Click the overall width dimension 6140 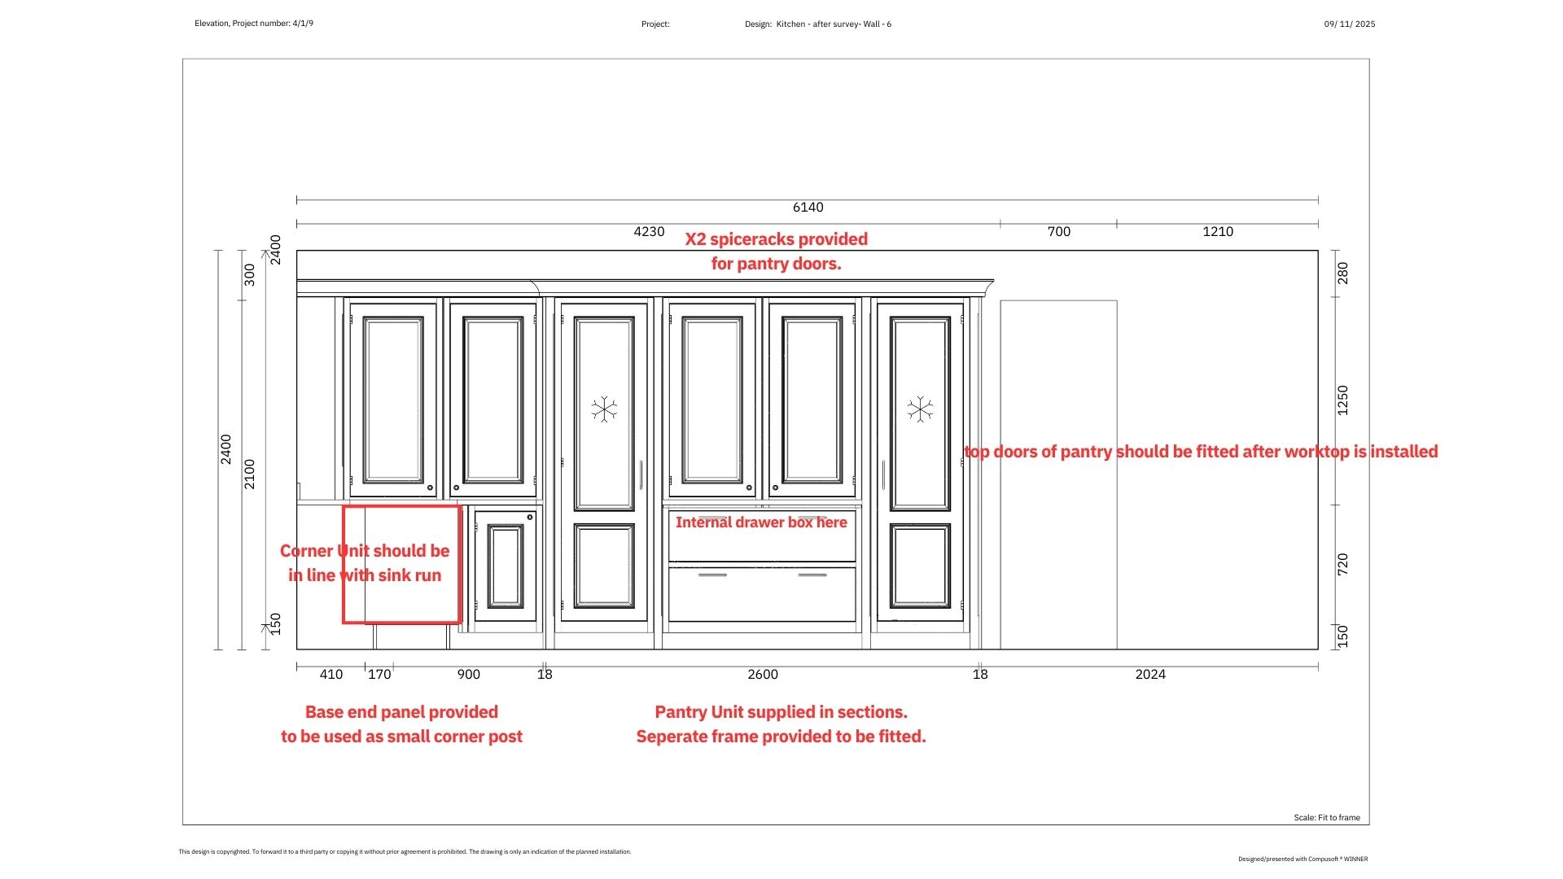808,208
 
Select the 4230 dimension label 649,232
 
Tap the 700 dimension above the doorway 1058,232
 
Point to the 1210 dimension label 1218,232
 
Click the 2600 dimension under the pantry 763,675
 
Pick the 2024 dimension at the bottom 1150,675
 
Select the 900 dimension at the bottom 468,675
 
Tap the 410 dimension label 331,675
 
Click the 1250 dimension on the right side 1343,400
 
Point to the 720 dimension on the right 1343,565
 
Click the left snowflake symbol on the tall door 604,409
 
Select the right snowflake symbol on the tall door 920,409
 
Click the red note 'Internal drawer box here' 761,523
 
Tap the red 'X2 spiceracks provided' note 776,239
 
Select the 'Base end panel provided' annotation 401,712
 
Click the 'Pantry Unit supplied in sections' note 781,712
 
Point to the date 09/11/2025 1350,24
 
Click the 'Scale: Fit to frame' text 1327,818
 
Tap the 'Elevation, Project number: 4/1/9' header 254,24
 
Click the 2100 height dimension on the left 250,474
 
